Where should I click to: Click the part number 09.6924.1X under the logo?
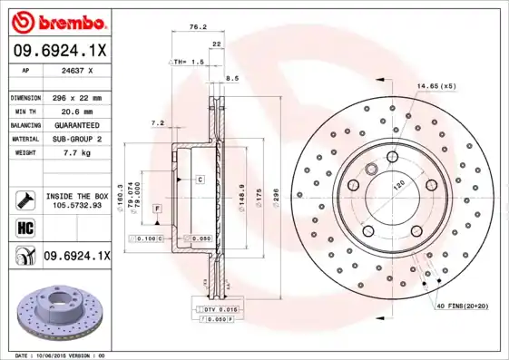tap(60, 51)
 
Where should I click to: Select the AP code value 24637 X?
tap(77, 70)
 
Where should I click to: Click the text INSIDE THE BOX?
tap(76, 196)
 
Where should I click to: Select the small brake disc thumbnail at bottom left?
tap(59, 313)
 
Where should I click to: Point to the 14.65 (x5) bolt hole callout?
tap(436, 86)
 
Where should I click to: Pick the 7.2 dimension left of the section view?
tap(156, 122)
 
